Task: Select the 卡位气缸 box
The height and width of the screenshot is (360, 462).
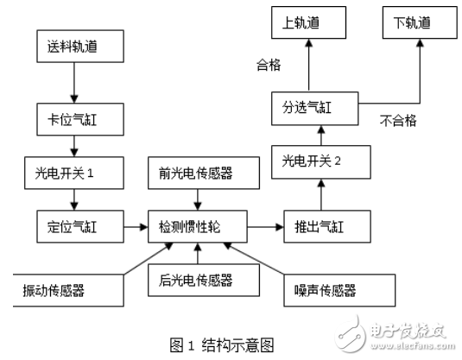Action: point(73,116)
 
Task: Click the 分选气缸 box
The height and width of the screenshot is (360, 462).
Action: point(319,109)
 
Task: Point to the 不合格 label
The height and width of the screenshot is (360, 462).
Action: point(399,122)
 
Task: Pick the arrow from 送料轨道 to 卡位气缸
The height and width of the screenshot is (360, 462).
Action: point(73,85)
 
